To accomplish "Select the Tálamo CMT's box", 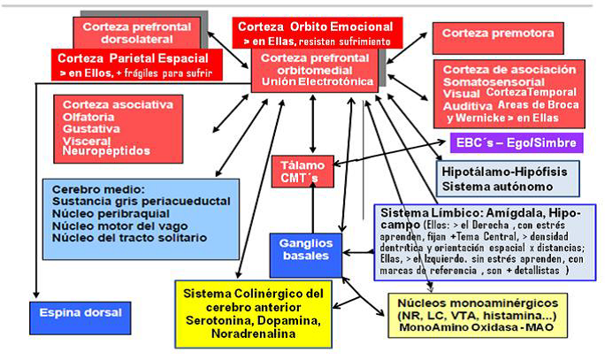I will [302, 172].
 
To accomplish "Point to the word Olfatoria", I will [92, 117].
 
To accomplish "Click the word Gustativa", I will [91, 129].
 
